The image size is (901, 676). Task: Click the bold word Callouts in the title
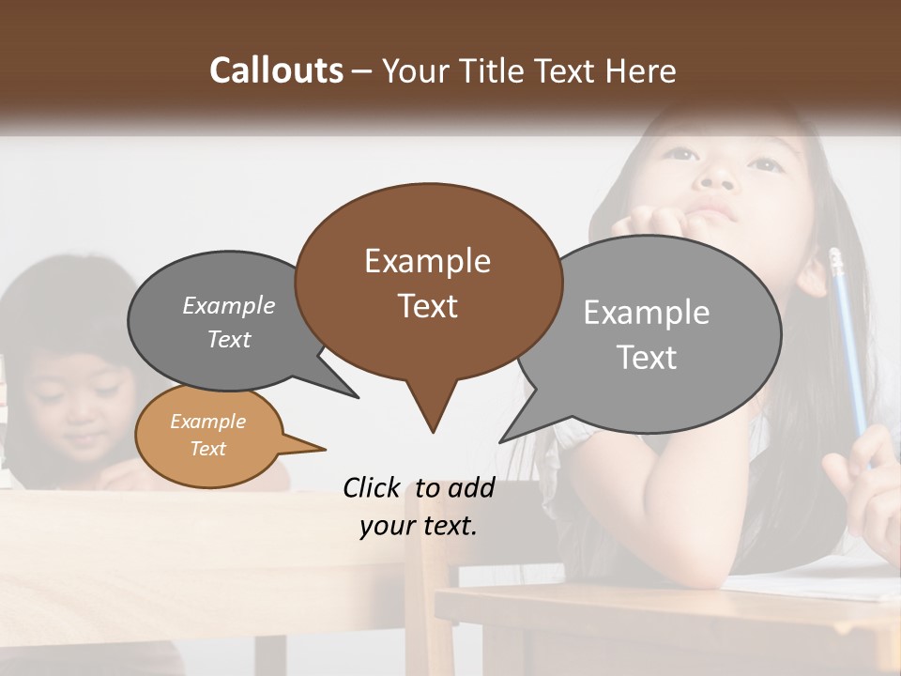(276, 70)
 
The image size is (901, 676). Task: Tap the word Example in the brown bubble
(427, 261)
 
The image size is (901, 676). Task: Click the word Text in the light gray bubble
(646, 358)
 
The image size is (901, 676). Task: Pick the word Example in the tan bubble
(207, 422)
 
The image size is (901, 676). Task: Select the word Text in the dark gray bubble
(229, 340)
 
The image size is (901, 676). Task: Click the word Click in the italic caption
(372, 488)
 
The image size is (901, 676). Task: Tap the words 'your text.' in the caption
(419, 526)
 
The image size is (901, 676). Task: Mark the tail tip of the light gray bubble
(503, 440)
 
